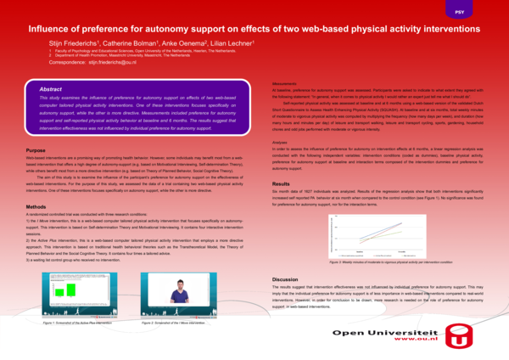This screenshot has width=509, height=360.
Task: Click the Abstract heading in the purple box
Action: pos(53,88)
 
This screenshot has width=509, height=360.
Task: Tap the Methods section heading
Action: pos(36,207)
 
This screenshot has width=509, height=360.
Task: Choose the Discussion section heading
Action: pos(286,279)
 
